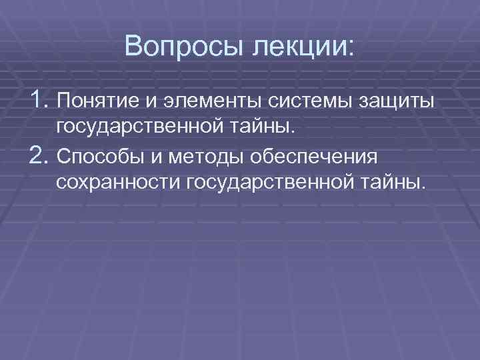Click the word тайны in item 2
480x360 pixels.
coord(395,182)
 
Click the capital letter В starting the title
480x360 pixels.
coord(132,48)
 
